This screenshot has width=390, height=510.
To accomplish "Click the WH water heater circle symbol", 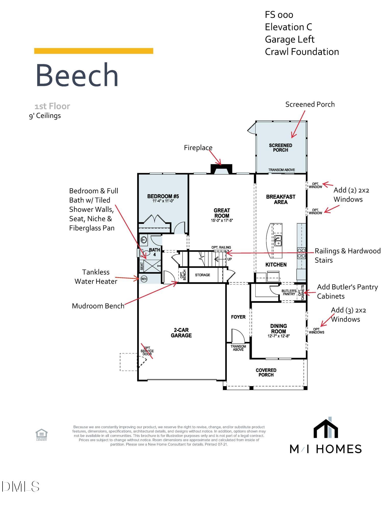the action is tap(144, 279).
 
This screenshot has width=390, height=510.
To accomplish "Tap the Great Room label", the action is tap(222, 213).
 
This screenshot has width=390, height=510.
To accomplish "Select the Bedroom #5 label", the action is tap(163, 196).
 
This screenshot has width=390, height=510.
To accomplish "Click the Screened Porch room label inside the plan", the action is tap(281, 148).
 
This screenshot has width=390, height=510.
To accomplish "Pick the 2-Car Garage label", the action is tap(181, 333).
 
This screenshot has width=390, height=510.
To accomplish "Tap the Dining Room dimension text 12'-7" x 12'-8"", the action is tap(279, 336).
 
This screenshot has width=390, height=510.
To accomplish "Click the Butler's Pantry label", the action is tap(289, 292).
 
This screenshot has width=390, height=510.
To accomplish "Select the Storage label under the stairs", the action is tap(203, 275).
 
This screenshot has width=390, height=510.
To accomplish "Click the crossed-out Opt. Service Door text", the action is tap(147, 351).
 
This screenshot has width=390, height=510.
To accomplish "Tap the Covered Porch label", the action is tap(266, 373).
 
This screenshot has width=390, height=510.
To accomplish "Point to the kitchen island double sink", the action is tap(278, 240).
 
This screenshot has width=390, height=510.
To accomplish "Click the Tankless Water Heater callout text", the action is tap(96, 277).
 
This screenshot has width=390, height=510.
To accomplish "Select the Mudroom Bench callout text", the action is tap(98, 306).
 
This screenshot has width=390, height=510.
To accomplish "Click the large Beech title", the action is tap(77, 75).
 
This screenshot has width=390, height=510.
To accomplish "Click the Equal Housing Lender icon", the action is tap(41, 435).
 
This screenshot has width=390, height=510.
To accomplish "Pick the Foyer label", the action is tap(238, 317).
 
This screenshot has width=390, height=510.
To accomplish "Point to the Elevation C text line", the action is tap(288, 27).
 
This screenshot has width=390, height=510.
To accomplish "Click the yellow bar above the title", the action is tap(94, 51).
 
